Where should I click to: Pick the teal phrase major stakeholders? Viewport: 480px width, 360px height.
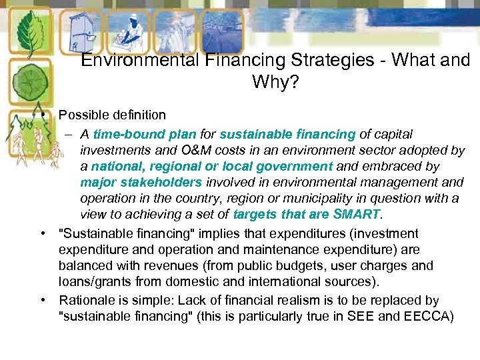pyautogui.click(x=141, y=183)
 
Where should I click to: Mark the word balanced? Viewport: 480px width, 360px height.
pyautogui.click(x=85, y=265)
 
